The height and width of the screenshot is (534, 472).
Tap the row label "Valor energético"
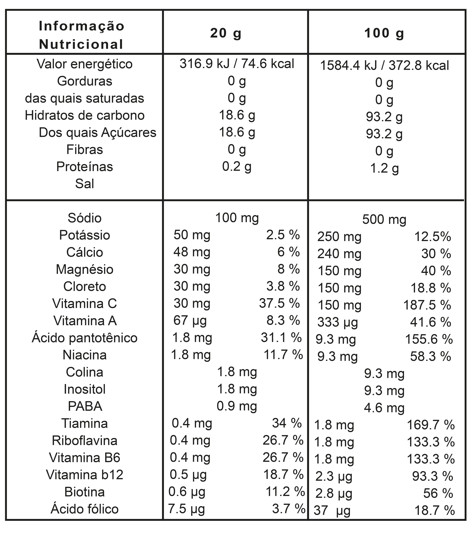click(x=84, y=64)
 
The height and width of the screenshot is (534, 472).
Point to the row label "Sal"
click(x=84, y=184)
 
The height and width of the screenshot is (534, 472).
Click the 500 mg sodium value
click(x=384, y=220)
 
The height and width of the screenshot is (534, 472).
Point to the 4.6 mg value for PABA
click(x=384, y=408)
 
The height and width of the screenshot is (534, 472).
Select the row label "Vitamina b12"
click(x=84, y=475)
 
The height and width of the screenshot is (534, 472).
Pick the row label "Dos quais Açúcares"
click(x=97, y=132)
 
